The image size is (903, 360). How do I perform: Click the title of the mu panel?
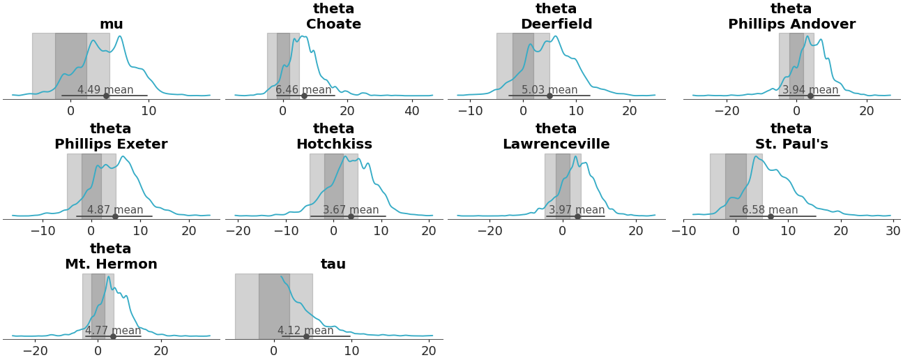point(111,24)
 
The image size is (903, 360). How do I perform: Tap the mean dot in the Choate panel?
point(304,96)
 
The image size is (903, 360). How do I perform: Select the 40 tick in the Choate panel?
point(412,111)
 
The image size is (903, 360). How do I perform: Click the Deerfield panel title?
point(556,17)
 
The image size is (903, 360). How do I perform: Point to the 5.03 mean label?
point(549,90)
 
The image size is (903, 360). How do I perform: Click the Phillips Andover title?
point(791,17)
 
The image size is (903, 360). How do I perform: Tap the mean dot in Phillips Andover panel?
point(810,96)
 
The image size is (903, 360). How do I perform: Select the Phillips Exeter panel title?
point(111,137)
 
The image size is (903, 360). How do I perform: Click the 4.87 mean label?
point(115,210)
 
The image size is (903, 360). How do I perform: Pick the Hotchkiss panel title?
point(333,137)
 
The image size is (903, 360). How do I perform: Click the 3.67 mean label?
point(351,210)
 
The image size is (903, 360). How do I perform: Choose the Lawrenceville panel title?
point(556,137)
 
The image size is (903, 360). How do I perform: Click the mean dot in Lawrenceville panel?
point(577,216)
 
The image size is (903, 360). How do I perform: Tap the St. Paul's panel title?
point(791,137)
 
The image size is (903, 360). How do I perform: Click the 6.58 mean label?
point(770,210)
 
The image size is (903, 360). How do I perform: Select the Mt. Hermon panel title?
point(111,257)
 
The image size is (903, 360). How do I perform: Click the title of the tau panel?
point(333,264)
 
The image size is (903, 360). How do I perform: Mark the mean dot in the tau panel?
point(306,336)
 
